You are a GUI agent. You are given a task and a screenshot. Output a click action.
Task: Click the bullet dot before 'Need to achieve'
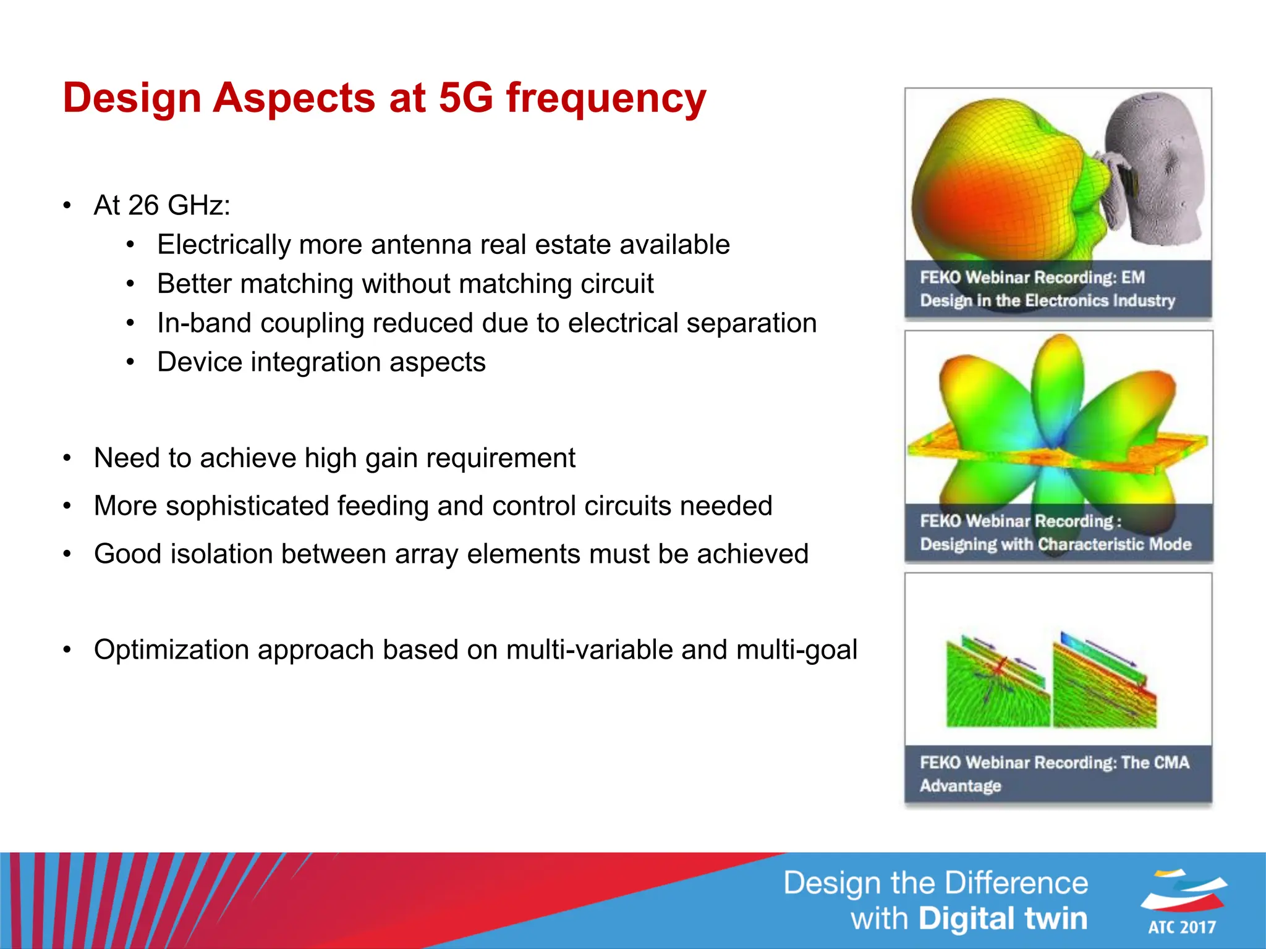pyautogui.click(x=67, y=458)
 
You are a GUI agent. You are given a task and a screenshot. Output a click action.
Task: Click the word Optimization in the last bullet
pyautogui.click(x=172, y=650)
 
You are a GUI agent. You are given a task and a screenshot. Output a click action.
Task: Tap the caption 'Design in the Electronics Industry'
pyautogui.click(x=1047, y=301)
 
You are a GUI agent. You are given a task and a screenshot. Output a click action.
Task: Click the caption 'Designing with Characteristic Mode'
pyautogui.click(x=1055, y=544)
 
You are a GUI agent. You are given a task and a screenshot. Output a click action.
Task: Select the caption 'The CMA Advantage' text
pyautogui.click(x=1054, y=774)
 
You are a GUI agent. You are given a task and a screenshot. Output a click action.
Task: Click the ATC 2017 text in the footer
pyautogui.click(x=1182, y=927)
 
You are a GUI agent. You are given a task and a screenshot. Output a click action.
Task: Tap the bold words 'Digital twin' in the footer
pyautogui.click(x=1002, y=919)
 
